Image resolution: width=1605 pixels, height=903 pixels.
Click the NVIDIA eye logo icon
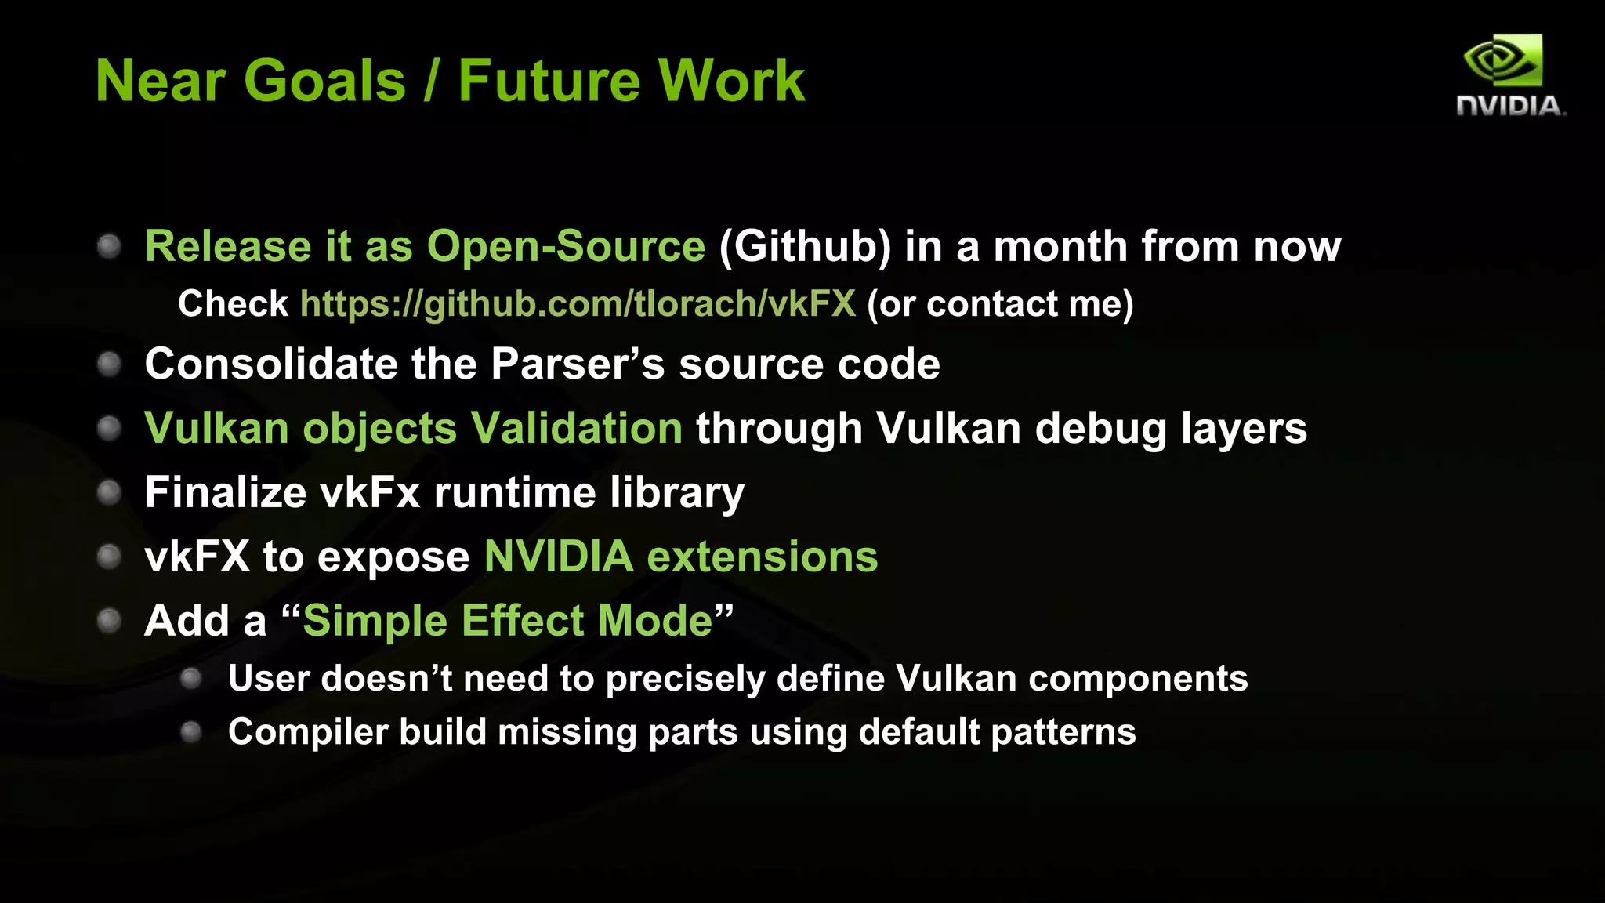tap(1503, 60)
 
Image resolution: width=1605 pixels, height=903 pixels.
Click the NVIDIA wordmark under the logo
tap(1509, 106)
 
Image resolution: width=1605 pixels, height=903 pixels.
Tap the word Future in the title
tap(550, 81)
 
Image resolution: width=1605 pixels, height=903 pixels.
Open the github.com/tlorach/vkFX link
tap(578, 304)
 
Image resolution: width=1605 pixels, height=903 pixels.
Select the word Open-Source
tap(566, 247)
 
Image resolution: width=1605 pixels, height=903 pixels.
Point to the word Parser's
tap(578, 364)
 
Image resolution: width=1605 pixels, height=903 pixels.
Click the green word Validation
tap(576, 429)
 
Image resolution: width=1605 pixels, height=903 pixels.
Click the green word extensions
tap(762, 557)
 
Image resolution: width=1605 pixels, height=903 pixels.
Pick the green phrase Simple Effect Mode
tap(507, 622)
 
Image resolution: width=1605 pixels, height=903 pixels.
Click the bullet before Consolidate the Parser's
tap(109, 364)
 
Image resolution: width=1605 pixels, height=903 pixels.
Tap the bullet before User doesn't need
tap(191, 679)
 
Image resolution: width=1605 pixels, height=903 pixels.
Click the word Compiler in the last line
tap(308, 733)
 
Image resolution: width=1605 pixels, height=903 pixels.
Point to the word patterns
tap(1063, 733)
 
